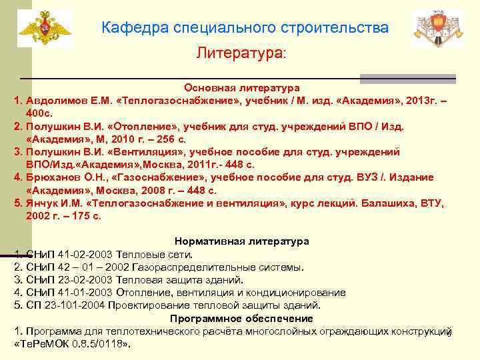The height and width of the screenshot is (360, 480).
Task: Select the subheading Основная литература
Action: coord(242,87)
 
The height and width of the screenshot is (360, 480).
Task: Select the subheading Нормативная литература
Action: coord(241,241)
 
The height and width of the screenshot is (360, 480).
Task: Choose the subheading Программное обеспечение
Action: coord(241,318)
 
